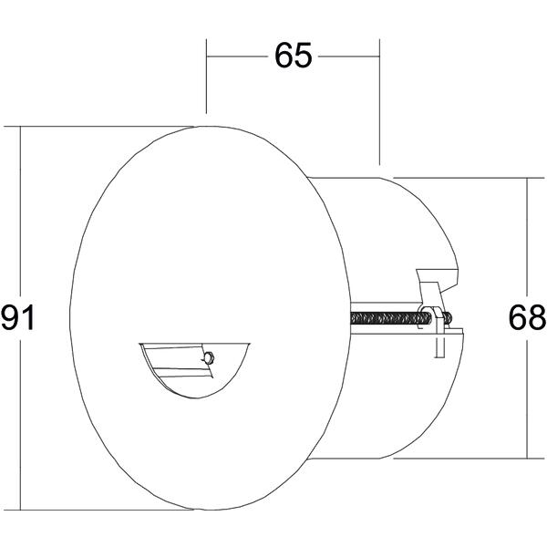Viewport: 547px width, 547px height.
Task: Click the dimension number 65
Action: [293, 56]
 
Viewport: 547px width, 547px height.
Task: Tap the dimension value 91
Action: [18, 317]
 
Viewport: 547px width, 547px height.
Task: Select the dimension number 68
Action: [527, 317]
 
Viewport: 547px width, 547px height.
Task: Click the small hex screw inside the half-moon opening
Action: [209, 358]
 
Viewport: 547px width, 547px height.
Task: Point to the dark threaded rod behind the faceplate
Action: [400, 318]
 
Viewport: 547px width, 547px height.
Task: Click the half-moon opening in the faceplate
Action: [195, 370]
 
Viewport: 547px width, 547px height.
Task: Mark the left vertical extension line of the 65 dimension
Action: [207, 76]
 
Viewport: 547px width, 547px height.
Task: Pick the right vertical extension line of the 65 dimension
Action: [379, 102]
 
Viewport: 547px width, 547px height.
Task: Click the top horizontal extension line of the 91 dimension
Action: [98, 127]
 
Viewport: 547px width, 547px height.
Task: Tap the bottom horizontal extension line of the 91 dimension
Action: [98, 510]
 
